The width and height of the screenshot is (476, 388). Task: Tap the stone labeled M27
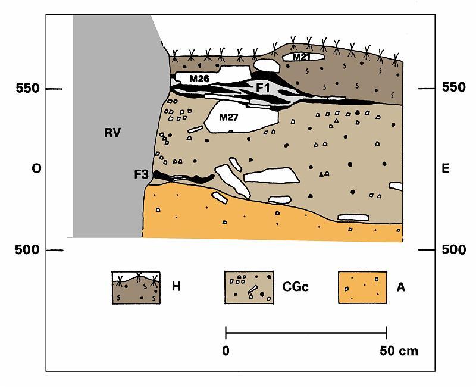coord(240,117)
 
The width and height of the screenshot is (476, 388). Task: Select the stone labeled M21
coord(303,57)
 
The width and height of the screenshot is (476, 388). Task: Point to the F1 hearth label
coord(262,88)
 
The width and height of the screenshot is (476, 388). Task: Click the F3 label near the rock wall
coord(142,174)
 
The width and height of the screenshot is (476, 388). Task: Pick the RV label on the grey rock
coord(112,133)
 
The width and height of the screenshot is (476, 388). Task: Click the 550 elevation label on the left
coord(27,88)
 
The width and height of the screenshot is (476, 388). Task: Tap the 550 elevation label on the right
coord(453,87)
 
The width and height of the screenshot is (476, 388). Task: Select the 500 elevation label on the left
coord(27,250)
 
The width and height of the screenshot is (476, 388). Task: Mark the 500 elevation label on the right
coord(453,249)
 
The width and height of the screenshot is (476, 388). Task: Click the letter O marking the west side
coord(36,168)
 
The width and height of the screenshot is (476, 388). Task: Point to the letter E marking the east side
coord(445,168)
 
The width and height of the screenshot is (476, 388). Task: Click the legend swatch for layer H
coord(136,287)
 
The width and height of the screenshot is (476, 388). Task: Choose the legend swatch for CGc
coord(249,287)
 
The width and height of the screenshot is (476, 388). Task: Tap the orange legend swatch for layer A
coord(362,287)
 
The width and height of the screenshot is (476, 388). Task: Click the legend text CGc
coord(295,287)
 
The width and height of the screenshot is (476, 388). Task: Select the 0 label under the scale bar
coord(226,351)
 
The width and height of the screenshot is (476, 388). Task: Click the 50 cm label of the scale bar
coord(399,351)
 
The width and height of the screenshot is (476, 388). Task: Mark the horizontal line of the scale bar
coord(306,333)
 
